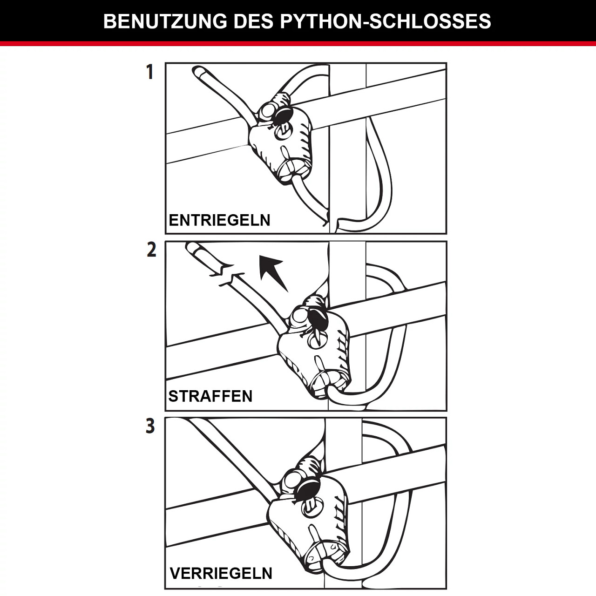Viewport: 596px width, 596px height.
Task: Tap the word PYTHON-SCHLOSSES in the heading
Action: pos(386,21)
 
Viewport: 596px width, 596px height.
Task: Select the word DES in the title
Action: pos(255,21)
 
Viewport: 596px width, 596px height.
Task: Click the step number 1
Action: pos(149,72)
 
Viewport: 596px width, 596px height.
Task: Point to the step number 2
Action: pos(151,250)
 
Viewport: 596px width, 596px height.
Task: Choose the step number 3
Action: pos(150,426)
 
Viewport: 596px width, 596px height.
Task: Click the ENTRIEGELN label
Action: pos(219,220)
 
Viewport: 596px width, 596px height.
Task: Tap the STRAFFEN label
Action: pos(210,396)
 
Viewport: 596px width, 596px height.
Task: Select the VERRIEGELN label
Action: pos(221,572)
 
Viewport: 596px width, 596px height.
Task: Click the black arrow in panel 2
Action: pos(273,272)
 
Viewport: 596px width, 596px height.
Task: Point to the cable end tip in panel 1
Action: pos(198,72)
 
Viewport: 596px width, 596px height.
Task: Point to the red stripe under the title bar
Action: pos(298,44)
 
